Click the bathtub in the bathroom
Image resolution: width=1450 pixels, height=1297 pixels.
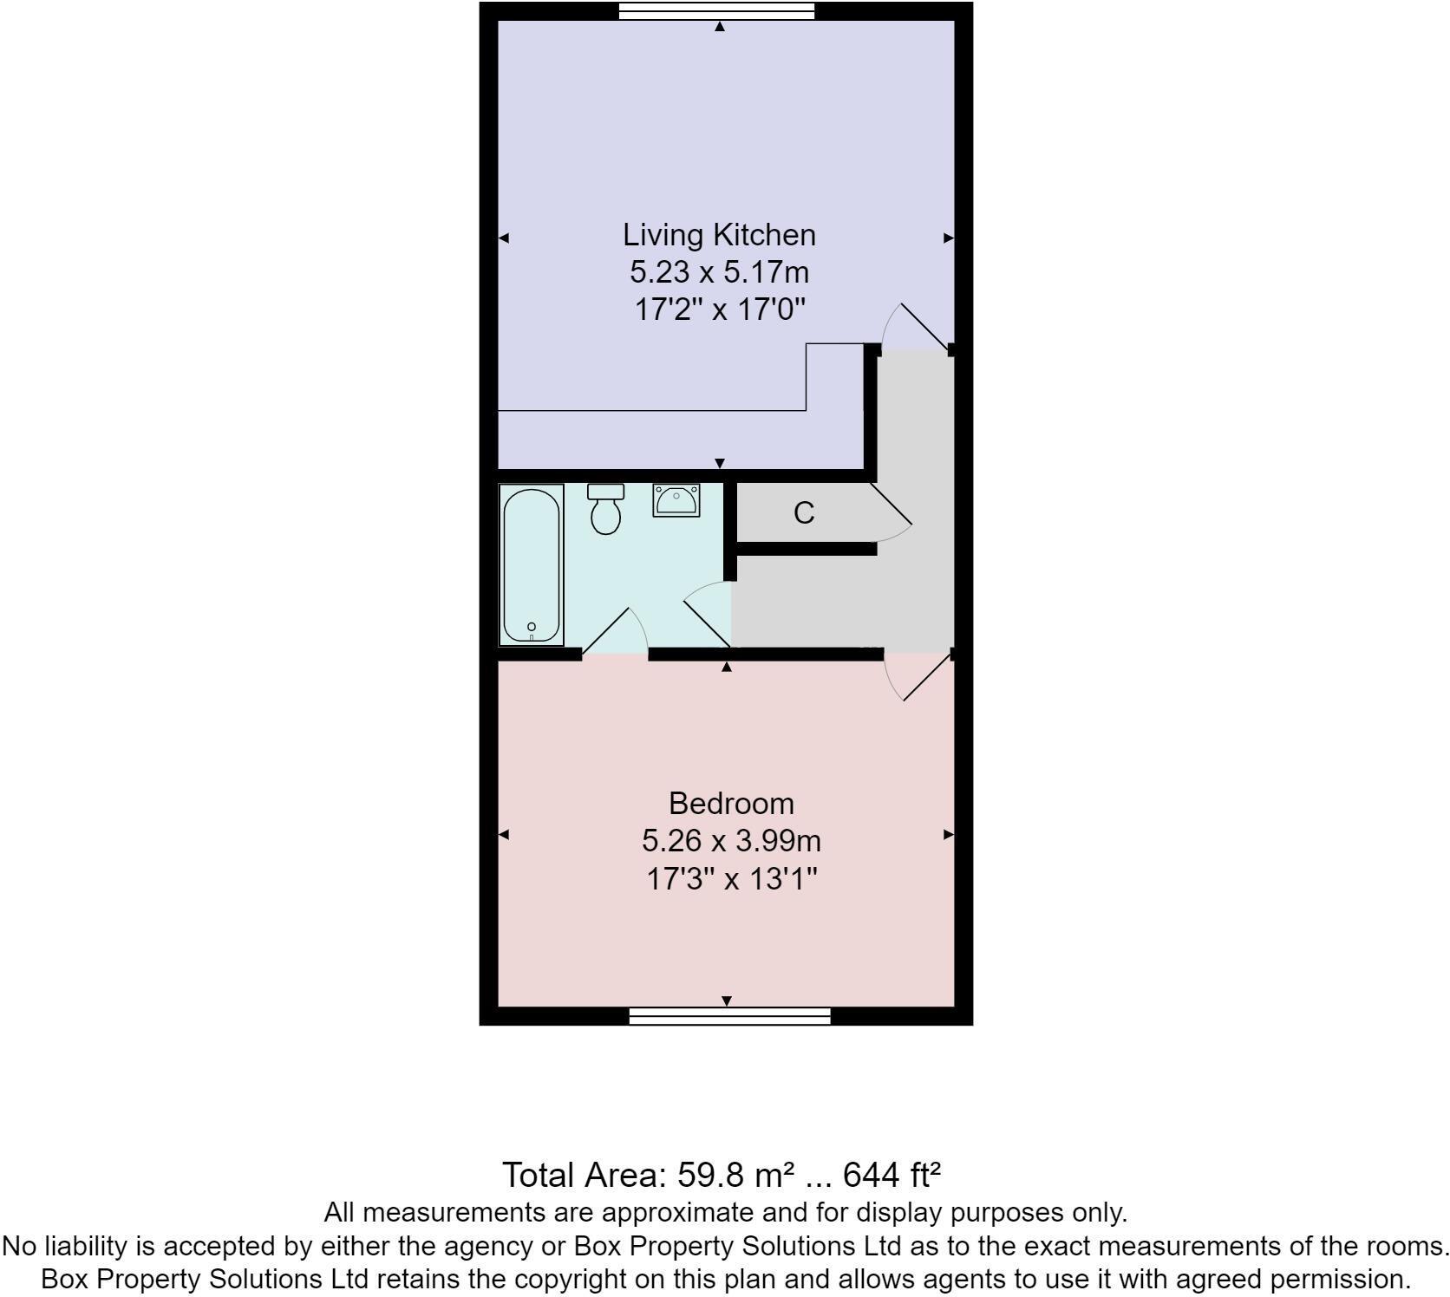(x=532, y=564)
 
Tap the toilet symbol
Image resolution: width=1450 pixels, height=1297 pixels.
(x=605, y=515)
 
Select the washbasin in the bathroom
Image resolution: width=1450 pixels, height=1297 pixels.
(x=676, y=500)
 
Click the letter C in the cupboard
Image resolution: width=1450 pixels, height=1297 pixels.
(x=804, y=513)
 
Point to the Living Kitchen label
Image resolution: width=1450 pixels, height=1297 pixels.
(x=719, y=235)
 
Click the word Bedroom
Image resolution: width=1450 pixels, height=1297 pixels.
(x=731, y=804)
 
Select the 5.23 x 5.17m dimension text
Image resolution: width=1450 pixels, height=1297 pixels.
(x=719, y=272)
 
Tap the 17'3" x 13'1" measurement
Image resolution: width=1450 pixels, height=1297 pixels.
(x=732, y=879)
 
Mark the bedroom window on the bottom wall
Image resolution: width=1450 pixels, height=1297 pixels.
(x=729, y=1016)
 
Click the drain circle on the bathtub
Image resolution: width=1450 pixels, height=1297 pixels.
(x=532, y=627)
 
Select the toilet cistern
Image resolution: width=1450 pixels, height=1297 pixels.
(x=605, y=491)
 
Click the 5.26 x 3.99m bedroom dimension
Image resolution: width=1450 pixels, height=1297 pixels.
(x=731, y=841)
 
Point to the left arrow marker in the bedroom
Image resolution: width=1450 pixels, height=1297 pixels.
(x=504, y=835)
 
